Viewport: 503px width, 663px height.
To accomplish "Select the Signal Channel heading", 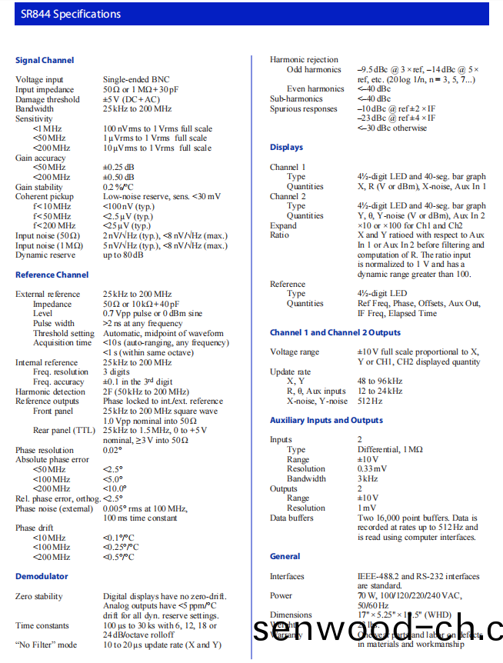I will tap(45, 60).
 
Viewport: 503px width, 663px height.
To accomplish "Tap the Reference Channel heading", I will tap(52, 275).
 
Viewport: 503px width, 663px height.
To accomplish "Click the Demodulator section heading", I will tap(42, 576).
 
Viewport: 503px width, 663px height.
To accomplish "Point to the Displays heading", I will tap(286, 147).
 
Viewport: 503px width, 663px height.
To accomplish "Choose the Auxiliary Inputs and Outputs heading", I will tap(326, 420).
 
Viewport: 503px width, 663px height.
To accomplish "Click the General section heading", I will tap(285, 556).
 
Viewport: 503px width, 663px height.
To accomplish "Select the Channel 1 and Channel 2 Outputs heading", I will tap(335, 332).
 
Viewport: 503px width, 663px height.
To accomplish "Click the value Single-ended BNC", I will tap(136, 79).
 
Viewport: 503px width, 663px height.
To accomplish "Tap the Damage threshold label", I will tap(48, 99).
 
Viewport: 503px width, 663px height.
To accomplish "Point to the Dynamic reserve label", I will tap(45, 255).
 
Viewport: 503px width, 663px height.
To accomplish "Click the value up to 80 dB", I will tap(123, 255).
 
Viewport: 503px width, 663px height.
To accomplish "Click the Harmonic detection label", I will tap(51, 391).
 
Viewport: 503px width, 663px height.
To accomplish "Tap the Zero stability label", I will tap(41, 596).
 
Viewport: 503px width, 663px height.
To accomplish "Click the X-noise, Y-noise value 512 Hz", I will tap(369, 401).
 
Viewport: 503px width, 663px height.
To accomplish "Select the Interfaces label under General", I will tap(287, 576).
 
